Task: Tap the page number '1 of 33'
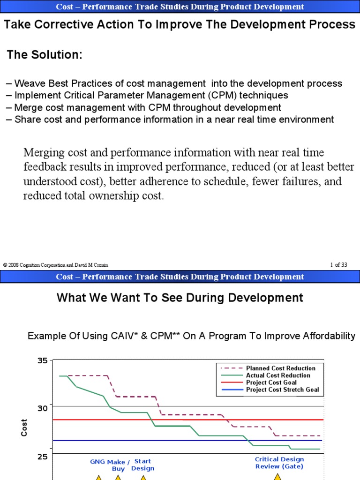(338, 265)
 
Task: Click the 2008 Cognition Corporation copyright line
(55, 265)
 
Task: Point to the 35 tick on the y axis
(42, 360)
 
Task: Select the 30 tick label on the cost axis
(42, 408)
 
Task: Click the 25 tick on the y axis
(42, 456)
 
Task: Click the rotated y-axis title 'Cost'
(24, 427)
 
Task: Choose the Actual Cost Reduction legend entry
(278, 375)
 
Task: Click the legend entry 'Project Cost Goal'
(271, 382)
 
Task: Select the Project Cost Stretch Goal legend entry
(282, 390)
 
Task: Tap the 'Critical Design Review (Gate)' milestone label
(279, 463)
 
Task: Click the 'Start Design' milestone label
(142, 465)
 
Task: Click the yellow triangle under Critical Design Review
(277, 477)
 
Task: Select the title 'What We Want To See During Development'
(180, 297)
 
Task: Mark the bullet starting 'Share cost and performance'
(174, 120)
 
